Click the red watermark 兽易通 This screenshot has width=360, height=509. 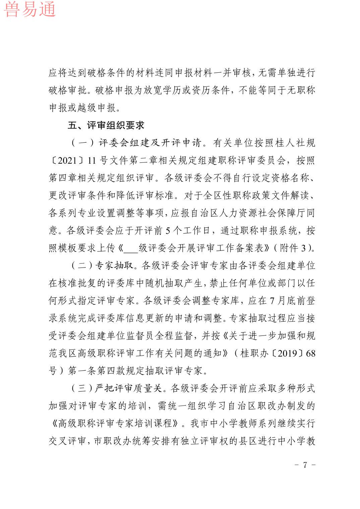29,9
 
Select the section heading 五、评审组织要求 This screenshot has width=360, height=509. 106,126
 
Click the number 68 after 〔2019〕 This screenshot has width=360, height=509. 311,353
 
